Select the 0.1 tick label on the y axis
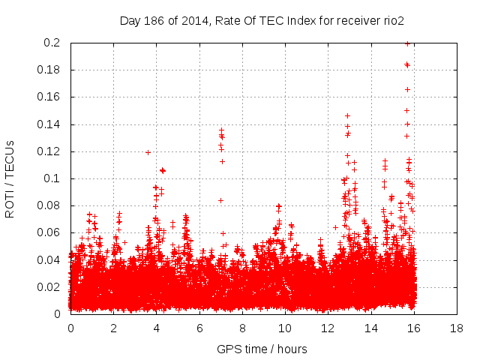55,178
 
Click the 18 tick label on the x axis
456,328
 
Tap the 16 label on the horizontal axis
413,328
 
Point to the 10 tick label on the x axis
284,328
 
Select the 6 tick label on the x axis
199,328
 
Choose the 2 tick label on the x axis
113,328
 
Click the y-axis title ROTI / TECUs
10,178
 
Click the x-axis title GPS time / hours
262,349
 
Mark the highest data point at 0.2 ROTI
407,43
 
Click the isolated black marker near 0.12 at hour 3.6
148,152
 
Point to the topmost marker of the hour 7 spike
221,130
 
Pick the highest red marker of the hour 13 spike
347,115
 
